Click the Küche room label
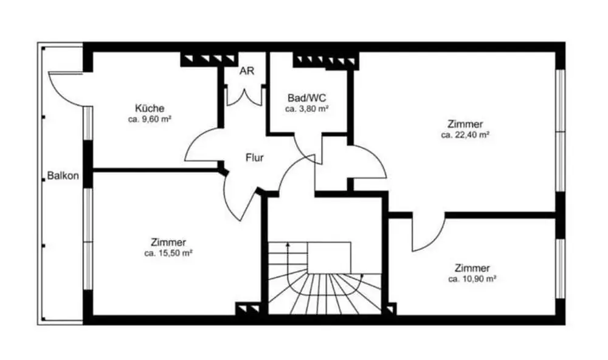click(150, 108)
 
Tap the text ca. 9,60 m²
click(150, 119)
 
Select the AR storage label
click(247, 71)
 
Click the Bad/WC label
click(306, 98)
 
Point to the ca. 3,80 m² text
click(306, 109)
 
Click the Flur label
click(255, 158)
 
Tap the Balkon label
click(63, 176)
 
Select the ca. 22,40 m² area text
click(465, 135)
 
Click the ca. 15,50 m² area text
click(168, 254)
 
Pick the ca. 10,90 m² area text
click(472, 279)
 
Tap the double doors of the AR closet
click(244, 98)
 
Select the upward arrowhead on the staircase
click(288, 244)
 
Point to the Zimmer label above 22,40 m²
click(465, 124)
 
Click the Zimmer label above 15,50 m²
click(168, 243)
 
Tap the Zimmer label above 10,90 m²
click(472, 268)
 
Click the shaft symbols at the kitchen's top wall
click(209, 59)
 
